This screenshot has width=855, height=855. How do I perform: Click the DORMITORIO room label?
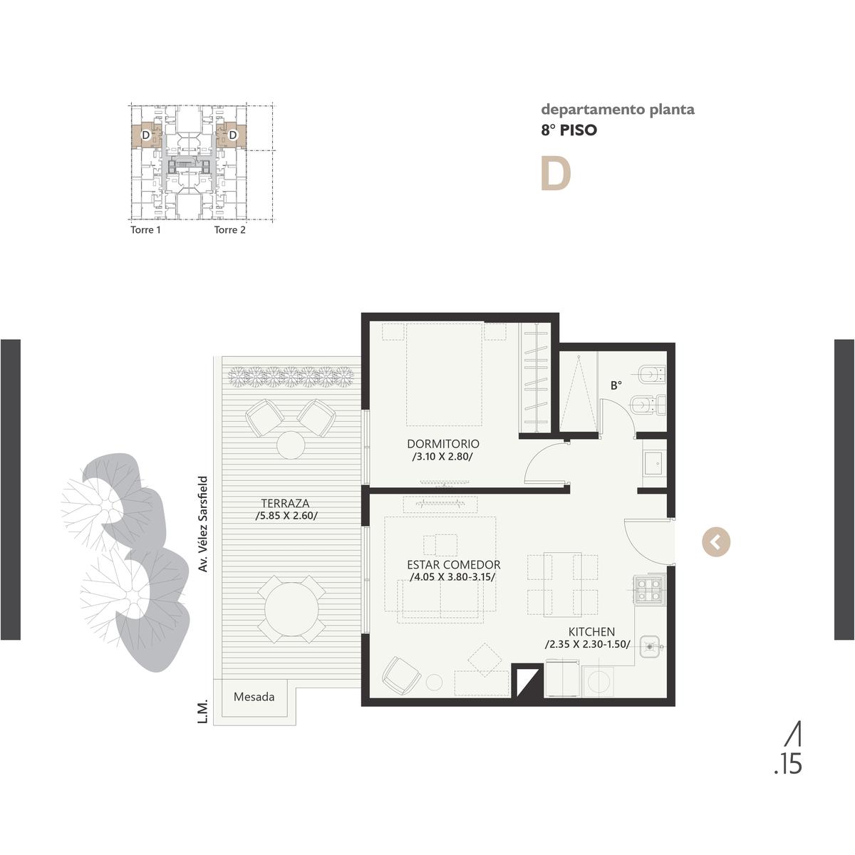(442, 444)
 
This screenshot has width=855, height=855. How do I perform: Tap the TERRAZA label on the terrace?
(285, 503)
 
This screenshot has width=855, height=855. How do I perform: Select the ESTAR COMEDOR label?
(453, 565)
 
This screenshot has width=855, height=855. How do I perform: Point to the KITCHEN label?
(591, 632)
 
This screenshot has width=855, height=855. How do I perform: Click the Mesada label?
(254, 697)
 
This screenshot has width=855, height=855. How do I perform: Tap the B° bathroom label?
(616, 385)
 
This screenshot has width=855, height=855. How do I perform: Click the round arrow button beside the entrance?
(715, 541)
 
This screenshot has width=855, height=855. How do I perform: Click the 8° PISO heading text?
(569, 130)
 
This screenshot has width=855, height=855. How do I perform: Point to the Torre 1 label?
(145, 230)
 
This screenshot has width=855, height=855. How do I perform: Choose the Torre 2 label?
(230, 230)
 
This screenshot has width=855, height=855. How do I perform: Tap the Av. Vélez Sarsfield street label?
(203, 524)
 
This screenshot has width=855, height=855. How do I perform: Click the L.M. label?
(203, 712)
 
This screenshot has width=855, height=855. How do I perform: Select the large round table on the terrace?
(291, 609)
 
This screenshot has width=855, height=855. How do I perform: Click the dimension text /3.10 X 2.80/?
(442, 457)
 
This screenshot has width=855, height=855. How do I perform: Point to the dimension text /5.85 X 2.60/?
(286, 516)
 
